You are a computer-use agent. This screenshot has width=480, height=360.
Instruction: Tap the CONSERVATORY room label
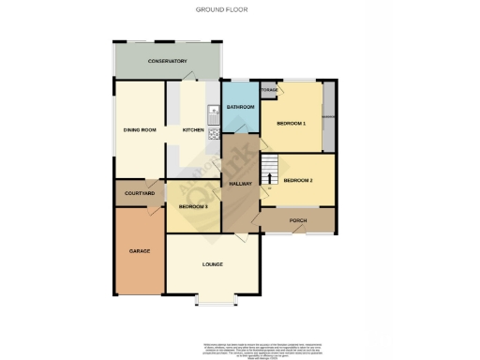pos(168,62)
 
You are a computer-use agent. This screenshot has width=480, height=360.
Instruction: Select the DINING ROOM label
pos(139,129)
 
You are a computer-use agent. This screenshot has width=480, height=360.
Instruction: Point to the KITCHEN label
pos(193,129)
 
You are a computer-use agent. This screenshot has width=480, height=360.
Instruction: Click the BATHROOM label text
pos(241,108)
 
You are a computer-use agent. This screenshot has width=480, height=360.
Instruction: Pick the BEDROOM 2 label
pos(298,180)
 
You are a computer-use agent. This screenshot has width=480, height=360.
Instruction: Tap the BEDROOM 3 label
pos(193,205)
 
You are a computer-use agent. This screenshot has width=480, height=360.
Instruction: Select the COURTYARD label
pos(139,193)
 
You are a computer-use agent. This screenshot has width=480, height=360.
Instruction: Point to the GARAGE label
pos(140,251)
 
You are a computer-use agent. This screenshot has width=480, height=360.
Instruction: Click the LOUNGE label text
pos(212,265)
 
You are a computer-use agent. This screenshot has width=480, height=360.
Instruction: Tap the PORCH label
pos(298,221)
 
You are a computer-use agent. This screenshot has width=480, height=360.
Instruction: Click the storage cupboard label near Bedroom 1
pos(269,90)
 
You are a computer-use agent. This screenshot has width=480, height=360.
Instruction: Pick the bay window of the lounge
pos(217,300)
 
